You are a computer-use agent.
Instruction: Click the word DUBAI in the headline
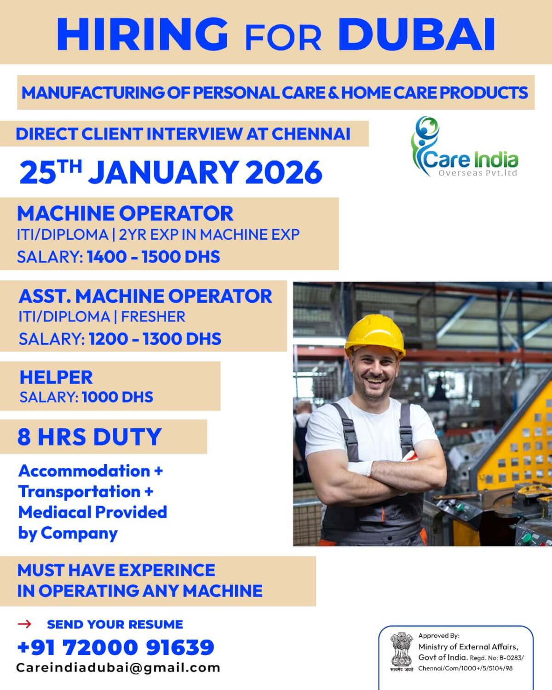point(416,34)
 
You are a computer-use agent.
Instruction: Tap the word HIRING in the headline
point(143,34)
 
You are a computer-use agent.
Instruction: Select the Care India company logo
point(464,147)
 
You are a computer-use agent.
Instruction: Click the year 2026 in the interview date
point(283,172)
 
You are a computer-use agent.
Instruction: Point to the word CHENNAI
point(311,134)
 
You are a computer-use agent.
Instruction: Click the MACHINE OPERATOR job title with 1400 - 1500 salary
point(125,213)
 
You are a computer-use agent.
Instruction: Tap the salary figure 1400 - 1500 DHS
point(154,257)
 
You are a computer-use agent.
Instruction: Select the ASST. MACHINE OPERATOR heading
point(145,296)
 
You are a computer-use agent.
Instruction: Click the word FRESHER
point(153,317)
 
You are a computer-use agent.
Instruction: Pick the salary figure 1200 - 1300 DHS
point(155,339)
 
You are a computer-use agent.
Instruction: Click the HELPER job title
point(56,377)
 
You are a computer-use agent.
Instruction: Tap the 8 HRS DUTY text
point(90,437)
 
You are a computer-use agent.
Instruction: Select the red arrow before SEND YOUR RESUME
point(25,624)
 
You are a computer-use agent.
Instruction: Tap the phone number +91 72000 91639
point(115,647)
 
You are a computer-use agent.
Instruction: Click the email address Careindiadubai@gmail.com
point(118,668)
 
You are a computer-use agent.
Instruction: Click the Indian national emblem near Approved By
point(401,651)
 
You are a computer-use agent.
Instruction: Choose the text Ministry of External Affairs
point(468,647)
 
